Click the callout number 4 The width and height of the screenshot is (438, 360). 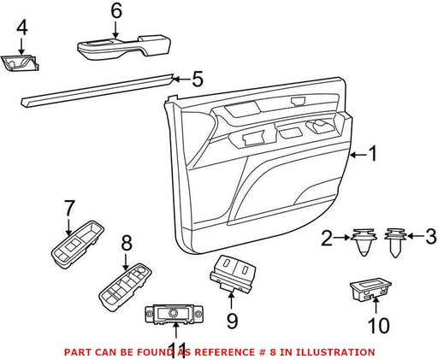[x=22, y=28]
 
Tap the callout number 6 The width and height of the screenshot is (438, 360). [x=116, y=11]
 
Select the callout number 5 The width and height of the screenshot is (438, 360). [x=198, y=79]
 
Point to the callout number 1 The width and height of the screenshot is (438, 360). [x=373, y=154]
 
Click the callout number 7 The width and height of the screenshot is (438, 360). [x=69, y=208]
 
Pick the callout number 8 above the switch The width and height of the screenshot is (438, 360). [x=127, y=245]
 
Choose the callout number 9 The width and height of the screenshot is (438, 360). [x=232, y=322]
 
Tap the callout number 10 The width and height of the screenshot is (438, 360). [x=379, y=326]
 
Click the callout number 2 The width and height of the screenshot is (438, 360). [x=327, y=239]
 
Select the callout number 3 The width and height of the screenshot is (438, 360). [x=431, y=237]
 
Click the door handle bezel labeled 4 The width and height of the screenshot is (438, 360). [x=20, y=62]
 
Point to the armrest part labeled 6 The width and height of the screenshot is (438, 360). [x=124, y=47]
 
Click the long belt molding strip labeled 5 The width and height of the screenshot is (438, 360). [x=98, y=91]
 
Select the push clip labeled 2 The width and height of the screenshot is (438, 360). [x=364, y=242]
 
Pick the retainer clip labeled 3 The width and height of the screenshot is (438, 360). [x=395, y=243]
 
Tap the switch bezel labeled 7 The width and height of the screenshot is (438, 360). [x=77, y=244]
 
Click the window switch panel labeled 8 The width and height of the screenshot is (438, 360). [x=125, y=286]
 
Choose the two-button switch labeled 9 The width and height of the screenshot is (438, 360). [x=233, y=274]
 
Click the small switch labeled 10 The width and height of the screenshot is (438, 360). [x=370, y=290]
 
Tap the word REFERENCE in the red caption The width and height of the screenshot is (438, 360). [x=223, y=352]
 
